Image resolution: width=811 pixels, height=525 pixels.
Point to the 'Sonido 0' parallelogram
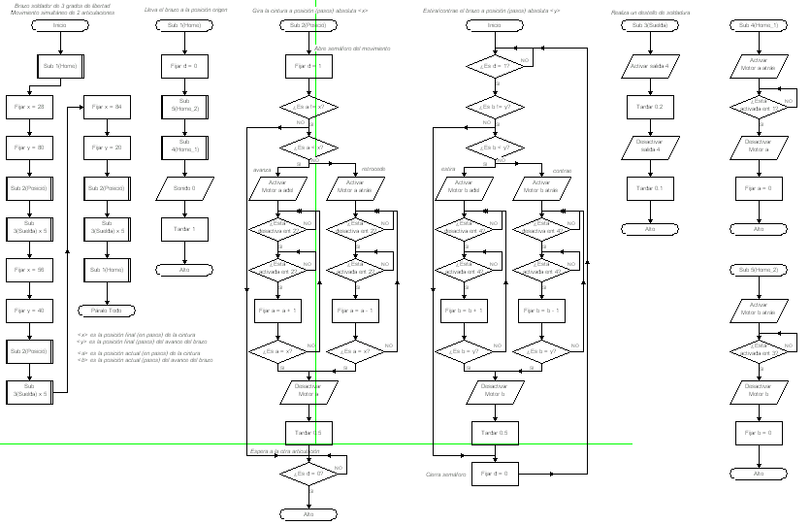184,188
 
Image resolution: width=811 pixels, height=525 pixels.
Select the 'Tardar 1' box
184,229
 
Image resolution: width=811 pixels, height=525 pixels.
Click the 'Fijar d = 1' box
308,66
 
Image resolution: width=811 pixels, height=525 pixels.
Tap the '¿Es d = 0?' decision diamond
308,473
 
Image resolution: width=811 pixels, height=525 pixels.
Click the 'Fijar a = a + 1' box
278,312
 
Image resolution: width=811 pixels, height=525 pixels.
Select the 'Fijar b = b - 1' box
542,312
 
